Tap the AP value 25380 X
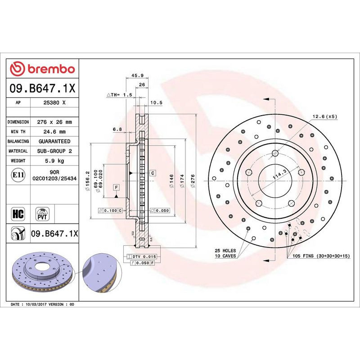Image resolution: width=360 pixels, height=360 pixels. (x=55, y=103)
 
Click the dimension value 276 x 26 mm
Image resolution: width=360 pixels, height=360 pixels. (x=55, y=122)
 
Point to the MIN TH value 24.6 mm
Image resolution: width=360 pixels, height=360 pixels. (x=55, y=132)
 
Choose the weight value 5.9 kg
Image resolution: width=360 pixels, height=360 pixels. (x=55, y=161)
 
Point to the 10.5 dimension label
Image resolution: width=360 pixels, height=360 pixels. (x=156, y=103)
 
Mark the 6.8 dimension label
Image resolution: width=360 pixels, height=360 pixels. (x=117, y=129)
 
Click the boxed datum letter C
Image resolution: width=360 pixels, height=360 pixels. (x=153, y=173)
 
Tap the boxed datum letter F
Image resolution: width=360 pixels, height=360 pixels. (x=116, y=187)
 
